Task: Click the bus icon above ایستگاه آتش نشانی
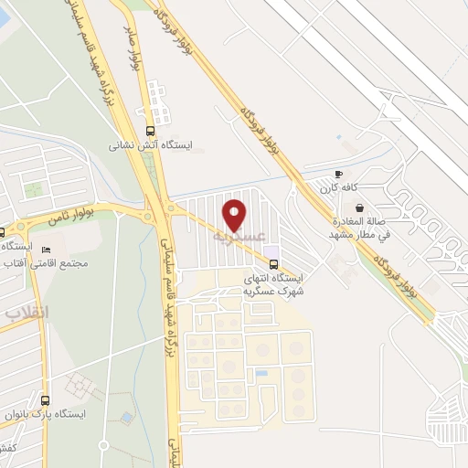pyautogui.click(x=151, y=130)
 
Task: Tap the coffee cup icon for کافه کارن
pyautogui.click(x=338, y=174)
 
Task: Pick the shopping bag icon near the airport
pyautogui.click(x=359, y=207)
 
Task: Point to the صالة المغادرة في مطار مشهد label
pyautogui.click(x=359, y=229)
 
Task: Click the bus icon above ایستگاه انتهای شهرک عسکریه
pyautogui.click(x=274, y=264)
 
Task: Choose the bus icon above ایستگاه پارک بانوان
pyautogui.click(x=46, y=399)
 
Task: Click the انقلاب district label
pyautogui.click(x=27, y=313)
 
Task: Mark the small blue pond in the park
pyautogui.click(x=126, y=419)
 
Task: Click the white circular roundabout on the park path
pyautogui.click(x=104, y=445)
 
